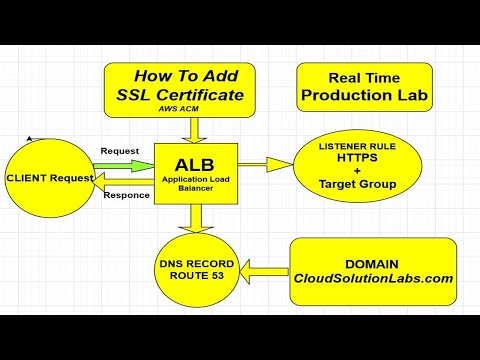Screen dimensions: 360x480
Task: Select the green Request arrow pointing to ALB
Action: click(x=126, y=165)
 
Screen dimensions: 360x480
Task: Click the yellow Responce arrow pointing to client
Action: click(x=122, y=179)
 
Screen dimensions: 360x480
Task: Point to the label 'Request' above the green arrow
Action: click(x=120, y=151)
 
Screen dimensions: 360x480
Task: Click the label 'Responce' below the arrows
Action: click(x=127, y=195)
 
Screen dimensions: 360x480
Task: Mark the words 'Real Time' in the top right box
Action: click(x=363, y=76)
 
